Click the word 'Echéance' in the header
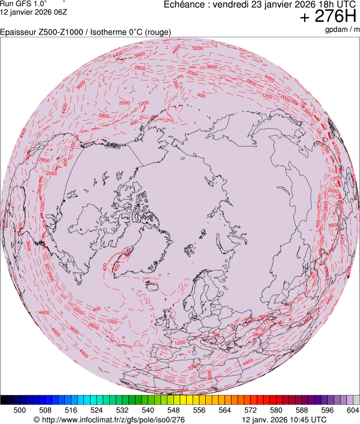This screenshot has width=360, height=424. pyautogui.click(x=185, y=4)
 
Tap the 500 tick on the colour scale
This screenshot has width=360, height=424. pyautogui.click(x=20, y=410)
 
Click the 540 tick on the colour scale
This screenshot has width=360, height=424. pyautogui.click(x=148, y=410)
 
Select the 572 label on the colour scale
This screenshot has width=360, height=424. pyautogui.click(x=250, y=410)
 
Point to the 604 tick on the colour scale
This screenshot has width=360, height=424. pyautogui.click(x=352, y=410)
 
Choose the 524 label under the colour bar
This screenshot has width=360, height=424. pyautogui.click(x=97, y=410)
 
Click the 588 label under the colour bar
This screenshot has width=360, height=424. pyautogui.click(x=301, y=410)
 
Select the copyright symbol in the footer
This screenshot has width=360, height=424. pyautogui.click(x=36, y=420)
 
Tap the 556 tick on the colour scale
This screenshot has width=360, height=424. pyautogui.click(x=199, y=410)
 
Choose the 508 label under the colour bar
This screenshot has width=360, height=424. pyautogui.click(x=46, y=410)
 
